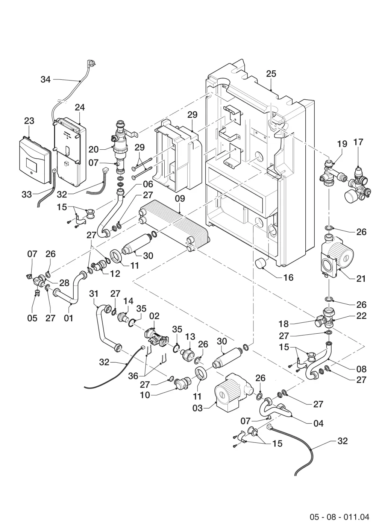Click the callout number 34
pyautogui.click(x=45, y=79)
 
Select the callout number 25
pyautogui.click(x=271, y=74)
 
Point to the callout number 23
pyautogui.click(x=29, y=121)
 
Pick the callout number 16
pyautogui.click(x=288, y=278)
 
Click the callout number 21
pyautogui.click(x=361, y=279)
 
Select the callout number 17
pyautogui.click(x=358, y=142)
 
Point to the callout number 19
pyautogui.click(x=342, y=144)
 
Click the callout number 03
pyautogui.click(x=197, y=408)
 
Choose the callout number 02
pyautogui.click(x=154, y=316)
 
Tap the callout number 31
pyautogui.click(x=94, y=294)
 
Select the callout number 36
pyautogui.click(x=133, y=376)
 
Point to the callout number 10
pyautogui.click(x=145, y=395)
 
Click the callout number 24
pyautogui.click(x=80, y=107)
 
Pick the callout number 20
pyautogui.click(x=94, y=149)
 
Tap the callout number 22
pyautogui.click(x=361, y=316)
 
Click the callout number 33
pyautogui.click(x=27, y=194)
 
